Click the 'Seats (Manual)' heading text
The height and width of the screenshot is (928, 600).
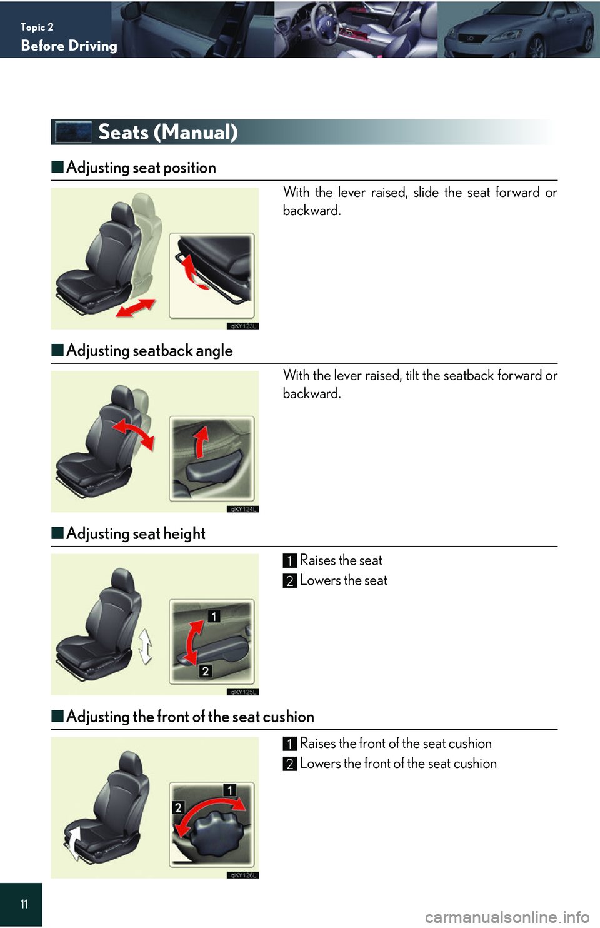(168, 133)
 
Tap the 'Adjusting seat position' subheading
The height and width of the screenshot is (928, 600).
(141, 168)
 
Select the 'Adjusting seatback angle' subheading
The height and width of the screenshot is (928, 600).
(149, 350)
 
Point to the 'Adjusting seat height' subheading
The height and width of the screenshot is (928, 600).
(136, 533)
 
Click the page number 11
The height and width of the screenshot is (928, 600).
(24, 905)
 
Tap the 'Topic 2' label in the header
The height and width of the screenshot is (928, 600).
(37, 28)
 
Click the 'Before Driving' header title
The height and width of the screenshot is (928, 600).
(69, 46)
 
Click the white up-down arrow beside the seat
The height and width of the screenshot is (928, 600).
(145, 647)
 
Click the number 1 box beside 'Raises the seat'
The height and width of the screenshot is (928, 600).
(290, 561)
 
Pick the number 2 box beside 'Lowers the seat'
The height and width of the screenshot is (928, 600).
(290, 581)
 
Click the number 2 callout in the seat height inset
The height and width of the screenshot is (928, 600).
(206, 671)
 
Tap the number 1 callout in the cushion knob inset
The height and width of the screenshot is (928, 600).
(230, 790)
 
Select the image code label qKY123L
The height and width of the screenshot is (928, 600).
(243, 326)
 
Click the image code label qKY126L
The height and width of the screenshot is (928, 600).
(243, 875)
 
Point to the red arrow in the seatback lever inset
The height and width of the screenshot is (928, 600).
(202, 442)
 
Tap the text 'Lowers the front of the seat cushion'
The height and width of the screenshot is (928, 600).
(398, 764)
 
